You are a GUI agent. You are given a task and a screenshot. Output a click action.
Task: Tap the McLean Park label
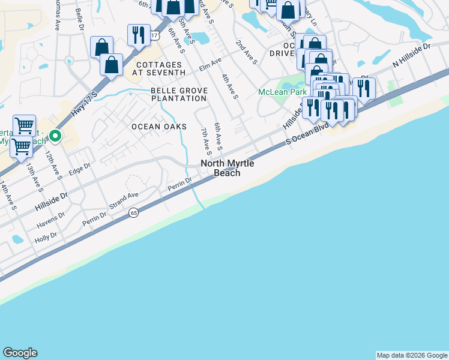[x=278, y=92]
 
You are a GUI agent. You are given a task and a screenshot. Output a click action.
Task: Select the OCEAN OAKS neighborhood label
[x=159, y=127]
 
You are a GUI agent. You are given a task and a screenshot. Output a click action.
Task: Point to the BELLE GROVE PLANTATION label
[x=179, y=94]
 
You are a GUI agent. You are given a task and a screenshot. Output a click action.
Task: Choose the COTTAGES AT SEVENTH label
[x=160, y=68]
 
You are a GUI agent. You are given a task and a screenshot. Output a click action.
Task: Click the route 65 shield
[x=133, y=212]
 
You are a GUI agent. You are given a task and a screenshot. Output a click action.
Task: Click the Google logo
[x=20, y=353]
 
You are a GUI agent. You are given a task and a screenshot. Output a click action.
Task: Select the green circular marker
[x=55, y=136]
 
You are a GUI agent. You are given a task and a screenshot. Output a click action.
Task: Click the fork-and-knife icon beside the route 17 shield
[x=139, y=34]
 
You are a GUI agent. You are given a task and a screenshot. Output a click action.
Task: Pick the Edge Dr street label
[x=79, y=170]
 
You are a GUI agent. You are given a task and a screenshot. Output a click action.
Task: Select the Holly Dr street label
[x=46, y=236]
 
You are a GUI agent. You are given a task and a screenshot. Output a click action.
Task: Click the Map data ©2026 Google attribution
[x=412, y=355]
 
